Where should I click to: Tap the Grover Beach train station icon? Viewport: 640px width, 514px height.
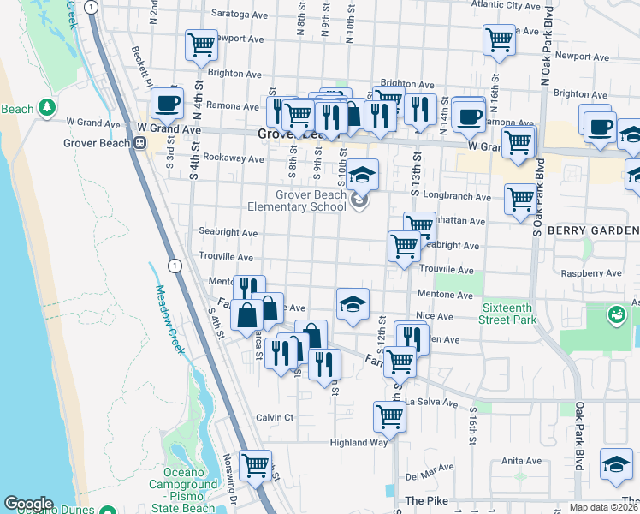click(138, 143)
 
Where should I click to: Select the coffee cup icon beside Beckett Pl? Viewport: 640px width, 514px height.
click(168, 104)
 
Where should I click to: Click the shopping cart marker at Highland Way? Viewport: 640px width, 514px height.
click(389, 417)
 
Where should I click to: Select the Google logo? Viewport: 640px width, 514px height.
click(28, 503)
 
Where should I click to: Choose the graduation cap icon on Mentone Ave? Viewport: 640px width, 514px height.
click(353, 304)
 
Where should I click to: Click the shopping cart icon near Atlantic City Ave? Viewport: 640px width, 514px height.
click(499, 39)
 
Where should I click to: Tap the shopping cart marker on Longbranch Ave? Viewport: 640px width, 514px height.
click(519, 200)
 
